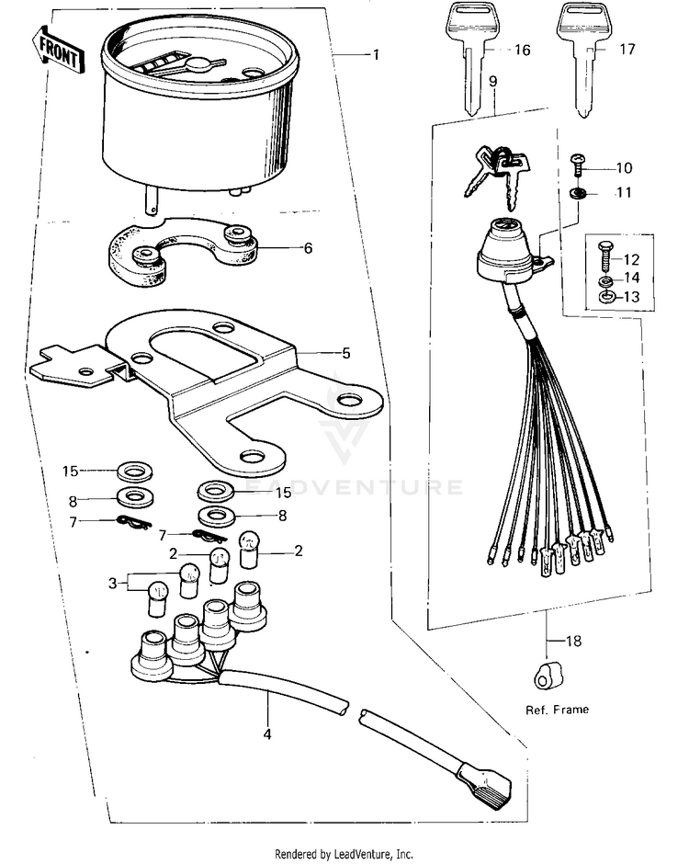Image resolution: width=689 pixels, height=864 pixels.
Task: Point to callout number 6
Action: click(x=308, y=248)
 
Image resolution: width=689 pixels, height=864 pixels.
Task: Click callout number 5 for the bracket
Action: click(x=321, y=352)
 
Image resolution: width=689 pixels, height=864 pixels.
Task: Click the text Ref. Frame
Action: click(x=557, y=709)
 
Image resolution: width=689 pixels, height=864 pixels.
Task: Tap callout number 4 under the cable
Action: click(x=267, y=734)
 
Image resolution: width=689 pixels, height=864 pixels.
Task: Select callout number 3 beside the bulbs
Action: click(x=113, y=583)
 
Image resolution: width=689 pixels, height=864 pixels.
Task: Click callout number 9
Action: click(x=493, y=82)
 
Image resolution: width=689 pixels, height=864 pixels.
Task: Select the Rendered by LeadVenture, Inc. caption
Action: click(x=344, y=854)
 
